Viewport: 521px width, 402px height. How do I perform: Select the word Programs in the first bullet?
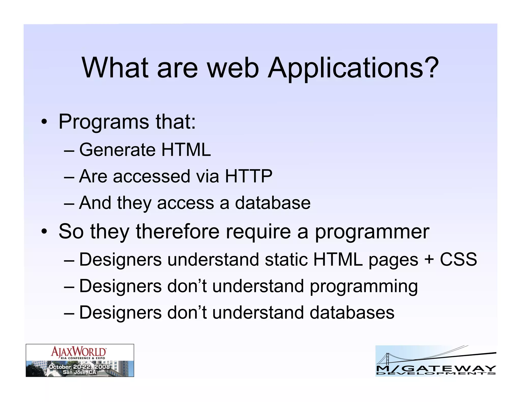click(104, 122)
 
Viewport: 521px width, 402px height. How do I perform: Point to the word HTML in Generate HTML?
click(186, 150)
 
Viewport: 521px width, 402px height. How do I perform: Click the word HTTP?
click(248, 176)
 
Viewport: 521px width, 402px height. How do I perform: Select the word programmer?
click(372, 232)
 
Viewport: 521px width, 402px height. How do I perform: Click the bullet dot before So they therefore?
click(44, 232)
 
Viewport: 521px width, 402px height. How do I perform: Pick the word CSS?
click(458, 259)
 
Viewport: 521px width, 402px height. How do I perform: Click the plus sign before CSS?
click(429, 260)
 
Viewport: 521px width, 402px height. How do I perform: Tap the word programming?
click(364, 286)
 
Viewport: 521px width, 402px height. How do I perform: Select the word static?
click(286, 259)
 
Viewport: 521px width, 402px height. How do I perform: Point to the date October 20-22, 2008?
click(79, 367)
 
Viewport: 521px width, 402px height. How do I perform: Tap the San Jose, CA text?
click(79, 372)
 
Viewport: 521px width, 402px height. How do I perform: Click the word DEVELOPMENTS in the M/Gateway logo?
click(436, 373)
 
